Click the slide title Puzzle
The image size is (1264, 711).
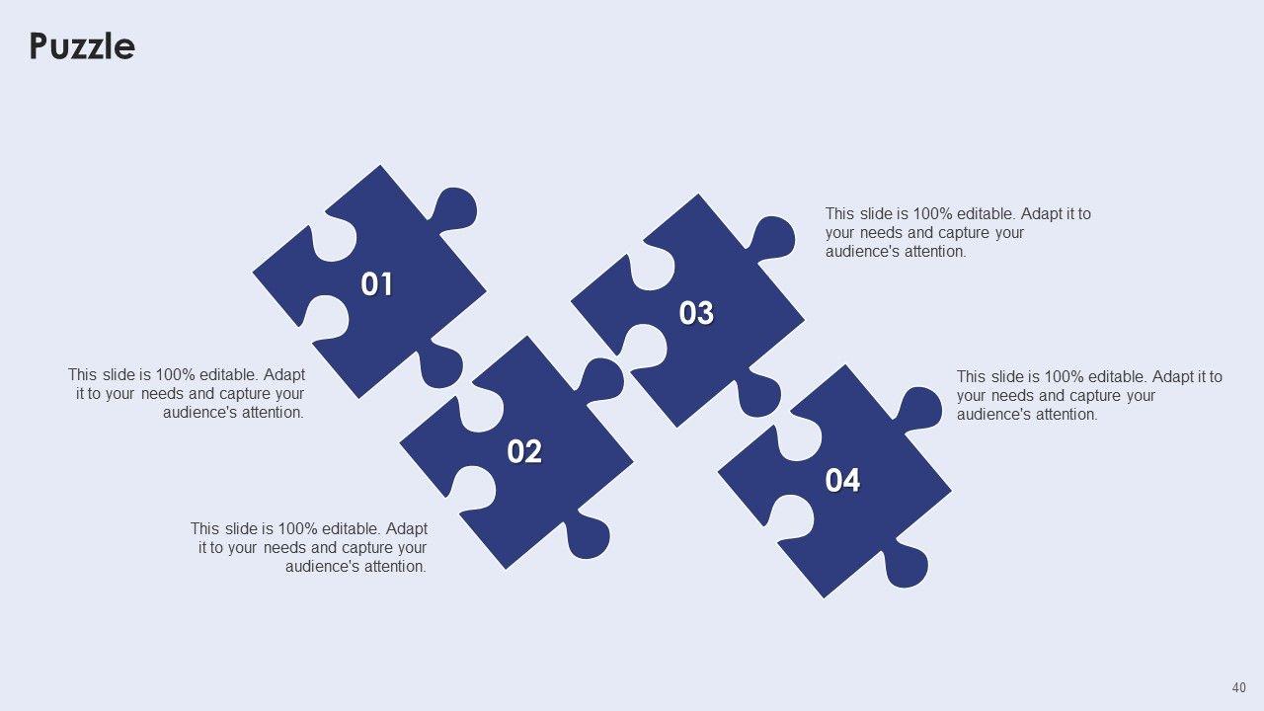pos(82,46)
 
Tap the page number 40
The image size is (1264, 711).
pos(1238,688)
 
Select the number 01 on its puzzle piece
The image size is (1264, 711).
pos(376,283)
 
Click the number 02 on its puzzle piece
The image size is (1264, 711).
pos(524,451)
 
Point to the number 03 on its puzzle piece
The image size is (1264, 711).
pos(696,313)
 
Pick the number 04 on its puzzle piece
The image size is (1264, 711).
pos(842,480)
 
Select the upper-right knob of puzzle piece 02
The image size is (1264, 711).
pos(602,380)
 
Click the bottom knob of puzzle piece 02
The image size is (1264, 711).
pos(588,535)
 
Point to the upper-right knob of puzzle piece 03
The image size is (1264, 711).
pos(773,238)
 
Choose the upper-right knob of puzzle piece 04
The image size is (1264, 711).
pos(920,409)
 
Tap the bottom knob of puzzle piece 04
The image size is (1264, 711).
pos(906,564)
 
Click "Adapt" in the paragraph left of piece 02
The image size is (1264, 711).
pos(406,528)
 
